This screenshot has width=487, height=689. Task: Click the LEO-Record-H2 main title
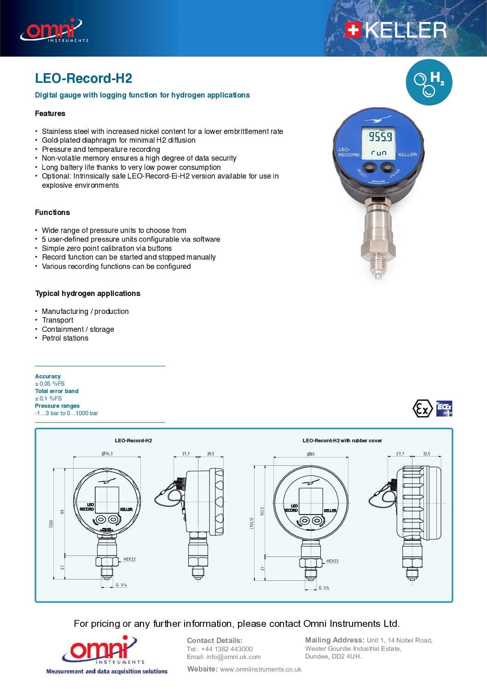tap(83, 78)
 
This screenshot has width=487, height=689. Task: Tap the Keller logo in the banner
tap(396, 30)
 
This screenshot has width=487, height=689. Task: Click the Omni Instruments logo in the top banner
tap(53, 30)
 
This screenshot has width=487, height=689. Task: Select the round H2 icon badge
tap(429, 82)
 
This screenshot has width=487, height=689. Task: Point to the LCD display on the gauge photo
tap(380, 143)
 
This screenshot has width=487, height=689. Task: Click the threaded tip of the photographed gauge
tap(377, 272)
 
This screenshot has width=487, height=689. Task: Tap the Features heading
tap(50, 113)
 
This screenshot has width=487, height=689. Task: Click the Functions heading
tap(52, 212)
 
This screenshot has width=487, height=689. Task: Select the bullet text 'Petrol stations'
tap(65, 338)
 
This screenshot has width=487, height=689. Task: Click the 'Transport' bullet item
tap(58, 320)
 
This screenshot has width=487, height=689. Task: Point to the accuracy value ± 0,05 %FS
tap(50, 383)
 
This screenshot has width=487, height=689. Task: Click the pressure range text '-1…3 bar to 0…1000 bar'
tap(66, 413)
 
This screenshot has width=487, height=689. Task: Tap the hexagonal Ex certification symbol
tap(422, 408)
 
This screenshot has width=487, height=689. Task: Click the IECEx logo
tap(444, 408)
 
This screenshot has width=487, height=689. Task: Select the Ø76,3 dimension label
tap(107, 453)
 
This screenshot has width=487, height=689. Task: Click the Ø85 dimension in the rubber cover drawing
tap(311, 454)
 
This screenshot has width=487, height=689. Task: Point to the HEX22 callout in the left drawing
tap(129, 559)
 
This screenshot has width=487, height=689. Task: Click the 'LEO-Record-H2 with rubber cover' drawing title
tap(342, 440)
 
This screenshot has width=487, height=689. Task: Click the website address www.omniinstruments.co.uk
tap(261, 669)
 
